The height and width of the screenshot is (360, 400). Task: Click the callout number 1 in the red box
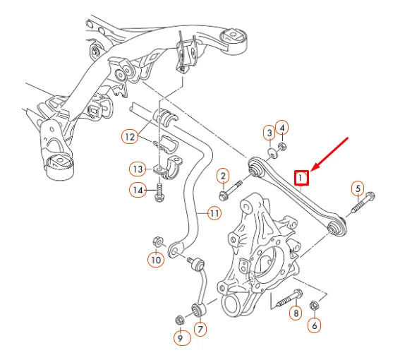click(x=301, y=179)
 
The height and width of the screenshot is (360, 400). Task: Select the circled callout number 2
click(x=222, y=176)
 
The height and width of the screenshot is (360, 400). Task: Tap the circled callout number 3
click(x=269, y=132)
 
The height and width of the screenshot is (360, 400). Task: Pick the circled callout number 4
click(x=282, y=127)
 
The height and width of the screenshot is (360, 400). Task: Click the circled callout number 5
click(x=358, y=188)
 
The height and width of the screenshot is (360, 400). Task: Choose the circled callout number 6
click(x=315, y=325)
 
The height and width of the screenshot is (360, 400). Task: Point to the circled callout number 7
click(x=200, y=329)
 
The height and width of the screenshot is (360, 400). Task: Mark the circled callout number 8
click(x=296, y=313)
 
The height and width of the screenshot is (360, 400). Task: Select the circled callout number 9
click(x=180, y=339)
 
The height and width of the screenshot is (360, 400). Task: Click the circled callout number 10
click(x=155, y=260)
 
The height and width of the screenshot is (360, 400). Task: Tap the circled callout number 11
click(x=214, y=211)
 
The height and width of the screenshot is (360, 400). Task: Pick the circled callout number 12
click(x=129, y=137)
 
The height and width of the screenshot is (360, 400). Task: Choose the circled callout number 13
click(x=137, y=169)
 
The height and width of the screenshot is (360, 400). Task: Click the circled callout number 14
click(x=137, y=189)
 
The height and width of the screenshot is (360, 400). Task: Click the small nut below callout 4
click(x=282, y=147)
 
